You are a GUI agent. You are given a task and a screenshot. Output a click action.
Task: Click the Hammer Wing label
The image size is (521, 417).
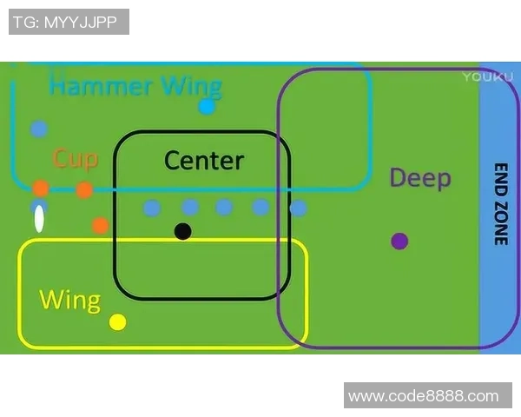pos(135,87)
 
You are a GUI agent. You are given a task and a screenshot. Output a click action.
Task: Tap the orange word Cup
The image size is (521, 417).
pos(76,158)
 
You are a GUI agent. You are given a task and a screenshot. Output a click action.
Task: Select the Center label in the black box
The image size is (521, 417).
pos(204,161)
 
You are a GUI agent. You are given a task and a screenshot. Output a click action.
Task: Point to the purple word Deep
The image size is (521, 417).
pos(420,178)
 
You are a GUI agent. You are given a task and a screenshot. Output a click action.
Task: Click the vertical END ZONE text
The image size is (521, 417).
pos(500,204)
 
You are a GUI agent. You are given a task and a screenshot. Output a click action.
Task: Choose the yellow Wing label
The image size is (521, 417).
pos(70,301)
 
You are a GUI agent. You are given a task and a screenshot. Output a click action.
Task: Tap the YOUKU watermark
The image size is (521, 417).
pos(482,76)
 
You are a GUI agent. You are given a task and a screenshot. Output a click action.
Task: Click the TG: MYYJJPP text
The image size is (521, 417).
pos(69,22)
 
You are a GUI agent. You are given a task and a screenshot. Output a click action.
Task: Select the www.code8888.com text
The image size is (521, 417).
pos(423,396)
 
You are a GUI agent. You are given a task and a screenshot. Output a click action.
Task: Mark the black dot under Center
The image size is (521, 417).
pos(182,231)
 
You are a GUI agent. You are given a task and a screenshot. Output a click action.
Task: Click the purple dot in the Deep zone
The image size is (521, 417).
pos(399,241)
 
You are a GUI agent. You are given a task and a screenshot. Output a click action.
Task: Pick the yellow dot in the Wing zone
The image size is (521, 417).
pos(118,322)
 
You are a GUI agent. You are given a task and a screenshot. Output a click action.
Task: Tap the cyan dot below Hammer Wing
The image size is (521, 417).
pos(207,107)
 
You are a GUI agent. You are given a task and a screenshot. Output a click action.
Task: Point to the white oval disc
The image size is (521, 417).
pos(39,219)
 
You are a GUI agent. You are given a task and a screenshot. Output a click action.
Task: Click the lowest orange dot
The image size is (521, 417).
pos(100,226)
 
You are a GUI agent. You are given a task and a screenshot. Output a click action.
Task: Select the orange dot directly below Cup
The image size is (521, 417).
pos(84,190)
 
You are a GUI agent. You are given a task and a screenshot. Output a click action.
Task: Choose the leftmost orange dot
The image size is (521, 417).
pos(41,189)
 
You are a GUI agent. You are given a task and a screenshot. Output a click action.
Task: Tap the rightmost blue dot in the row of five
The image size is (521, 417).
pos(298,208)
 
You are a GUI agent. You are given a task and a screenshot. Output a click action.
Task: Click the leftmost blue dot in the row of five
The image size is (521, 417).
pos(152,208)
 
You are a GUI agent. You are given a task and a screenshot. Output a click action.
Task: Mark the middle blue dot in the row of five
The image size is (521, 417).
pos(224,207)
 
